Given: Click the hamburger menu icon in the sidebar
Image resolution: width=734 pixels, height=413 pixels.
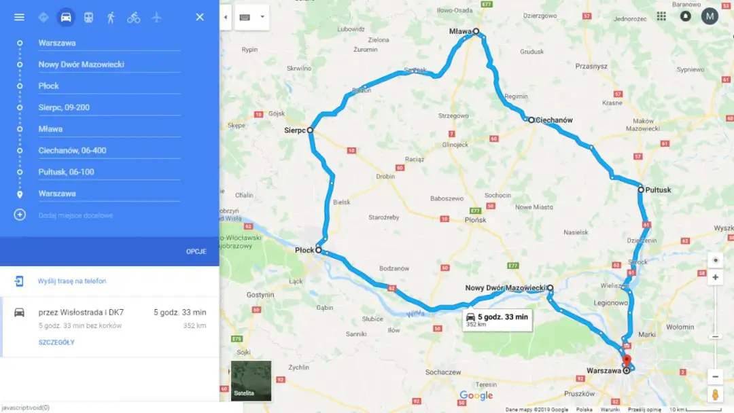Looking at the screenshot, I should [x=19, y=17].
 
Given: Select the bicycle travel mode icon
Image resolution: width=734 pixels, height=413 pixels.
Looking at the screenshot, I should [x=134, y=17].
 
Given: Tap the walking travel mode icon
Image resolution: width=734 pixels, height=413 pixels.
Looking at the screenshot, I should [x=111, y=17].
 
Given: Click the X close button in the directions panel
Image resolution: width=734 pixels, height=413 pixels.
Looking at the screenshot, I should [x=200, y=17].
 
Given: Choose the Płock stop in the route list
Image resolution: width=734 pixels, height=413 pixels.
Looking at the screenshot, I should [x=109, y=86].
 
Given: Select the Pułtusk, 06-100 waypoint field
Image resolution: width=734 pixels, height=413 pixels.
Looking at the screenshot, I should [x=109, y=172].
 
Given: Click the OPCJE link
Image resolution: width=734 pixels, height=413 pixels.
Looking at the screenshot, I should [x=196, y=251].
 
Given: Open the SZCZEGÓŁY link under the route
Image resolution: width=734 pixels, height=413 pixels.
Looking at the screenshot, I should [x=56, y=342].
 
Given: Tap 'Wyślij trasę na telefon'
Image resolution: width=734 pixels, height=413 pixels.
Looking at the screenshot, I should [x=72, y=281].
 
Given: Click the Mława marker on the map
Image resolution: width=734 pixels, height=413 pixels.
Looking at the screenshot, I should [x=476, y=31].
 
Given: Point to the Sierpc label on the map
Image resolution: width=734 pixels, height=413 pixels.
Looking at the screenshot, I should [x=294, y=130].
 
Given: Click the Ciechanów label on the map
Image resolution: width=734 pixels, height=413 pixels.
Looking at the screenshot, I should [x=554, y=120].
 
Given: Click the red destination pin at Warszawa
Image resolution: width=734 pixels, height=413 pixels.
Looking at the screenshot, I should [x=627, y=361].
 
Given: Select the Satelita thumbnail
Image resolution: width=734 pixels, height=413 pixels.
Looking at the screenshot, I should [x=251, y=380].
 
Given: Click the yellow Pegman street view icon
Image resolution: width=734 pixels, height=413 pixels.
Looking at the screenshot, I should [x=715, y=395].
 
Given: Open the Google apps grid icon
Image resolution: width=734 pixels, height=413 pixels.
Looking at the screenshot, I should [x=661, y=16].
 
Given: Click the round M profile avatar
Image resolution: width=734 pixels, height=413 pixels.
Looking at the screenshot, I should [x=710, y=16].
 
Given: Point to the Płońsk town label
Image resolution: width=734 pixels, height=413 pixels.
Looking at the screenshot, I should [x=476, y=220].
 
